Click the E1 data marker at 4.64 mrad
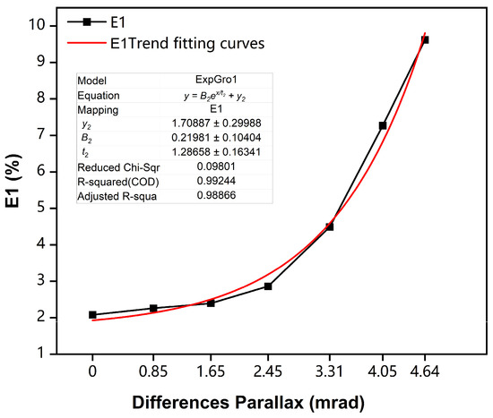pos(425,40)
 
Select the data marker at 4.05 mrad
pos(383,125)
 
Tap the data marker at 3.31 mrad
pos(330,226)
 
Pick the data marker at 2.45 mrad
pos(268,286)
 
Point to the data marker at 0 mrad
pos(93,315)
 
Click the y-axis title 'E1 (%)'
pos(15,187)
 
